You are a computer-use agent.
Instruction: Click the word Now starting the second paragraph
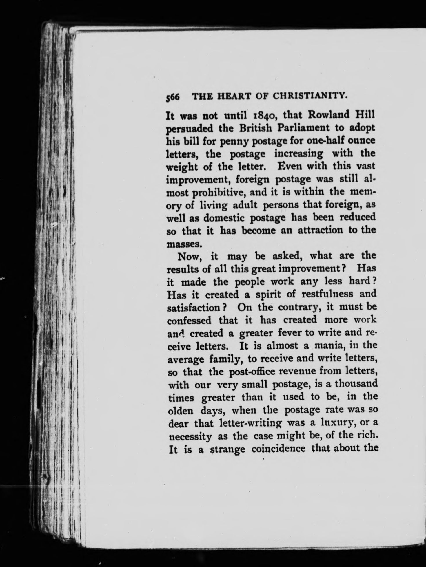pos(188,256)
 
